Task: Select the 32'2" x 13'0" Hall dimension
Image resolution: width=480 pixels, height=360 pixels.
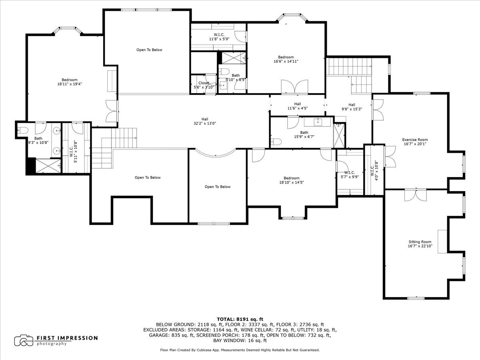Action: click(x=205, y=123)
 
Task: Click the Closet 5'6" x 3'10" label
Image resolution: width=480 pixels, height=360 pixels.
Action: click(x=204, y=85)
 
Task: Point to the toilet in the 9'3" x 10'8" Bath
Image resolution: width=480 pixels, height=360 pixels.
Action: click(x=23, y=130)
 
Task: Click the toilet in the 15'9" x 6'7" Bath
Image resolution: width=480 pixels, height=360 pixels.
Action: click(x=276, y=142)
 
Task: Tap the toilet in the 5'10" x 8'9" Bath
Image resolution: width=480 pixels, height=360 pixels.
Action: click(x=224, y=71)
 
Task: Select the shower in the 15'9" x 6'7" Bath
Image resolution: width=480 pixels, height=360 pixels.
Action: click(x=338, y=136)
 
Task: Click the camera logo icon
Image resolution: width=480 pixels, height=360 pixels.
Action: click(x=24, y=340)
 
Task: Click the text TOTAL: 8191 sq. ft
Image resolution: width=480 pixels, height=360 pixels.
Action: click(x=240, y=319)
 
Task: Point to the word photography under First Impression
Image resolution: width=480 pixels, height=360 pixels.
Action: click(x=51, y=344)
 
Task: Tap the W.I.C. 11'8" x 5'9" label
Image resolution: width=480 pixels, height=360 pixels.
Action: click(x=219, y=37)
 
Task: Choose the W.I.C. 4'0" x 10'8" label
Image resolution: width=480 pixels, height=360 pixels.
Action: click(x=374, y=170)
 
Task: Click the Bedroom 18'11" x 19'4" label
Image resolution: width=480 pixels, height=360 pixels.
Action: click(x=70, y=82)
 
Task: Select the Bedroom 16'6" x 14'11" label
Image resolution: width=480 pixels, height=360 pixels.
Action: click(x=286, y=59)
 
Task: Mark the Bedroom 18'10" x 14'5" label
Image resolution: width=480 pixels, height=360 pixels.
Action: click(x=292, y=180)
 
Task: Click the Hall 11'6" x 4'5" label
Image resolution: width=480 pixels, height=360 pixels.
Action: click(x=298, y=106)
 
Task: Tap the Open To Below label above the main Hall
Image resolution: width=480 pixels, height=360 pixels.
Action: click(x=149, y=50)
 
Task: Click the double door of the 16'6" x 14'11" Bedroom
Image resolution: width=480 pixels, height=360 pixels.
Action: click(x=294, y=87)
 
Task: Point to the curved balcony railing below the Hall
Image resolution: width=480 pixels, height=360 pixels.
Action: click(x=216, y=156)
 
